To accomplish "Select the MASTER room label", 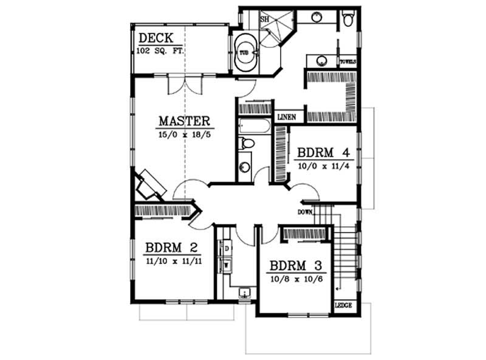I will tap(184, 120).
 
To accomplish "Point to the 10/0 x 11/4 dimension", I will tap(323, 165).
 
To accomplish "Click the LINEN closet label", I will tap(287, 117).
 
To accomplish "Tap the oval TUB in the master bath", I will tap(245, 53).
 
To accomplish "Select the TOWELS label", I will tap(347, 61).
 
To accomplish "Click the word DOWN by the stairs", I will tap(305, 212).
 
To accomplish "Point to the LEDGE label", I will tap(343, 305).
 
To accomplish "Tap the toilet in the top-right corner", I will tap(347, 19).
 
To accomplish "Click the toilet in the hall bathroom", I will tap(247, 144).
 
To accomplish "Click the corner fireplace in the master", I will tap(149, 184).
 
